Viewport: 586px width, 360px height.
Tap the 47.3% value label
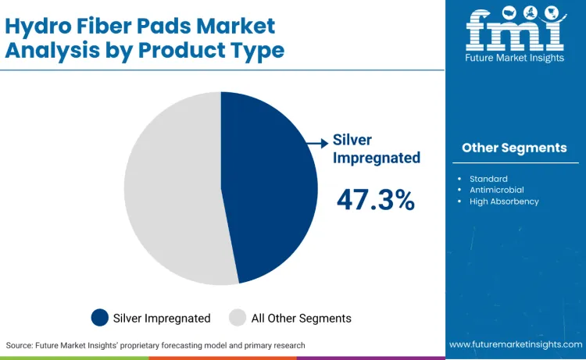[375, 200]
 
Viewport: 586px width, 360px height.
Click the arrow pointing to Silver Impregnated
[316, 143]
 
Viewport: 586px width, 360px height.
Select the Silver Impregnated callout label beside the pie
[376, 148]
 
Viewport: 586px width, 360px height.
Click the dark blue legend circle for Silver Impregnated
[100, 318]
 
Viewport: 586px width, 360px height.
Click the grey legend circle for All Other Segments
[238, 318]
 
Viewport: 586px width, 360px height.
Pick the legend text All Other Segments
[301, 318]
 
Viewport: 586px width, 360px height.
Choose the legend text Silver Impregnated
[162, 318]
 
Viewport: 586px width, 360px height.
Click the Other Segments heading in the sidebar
[514, 148]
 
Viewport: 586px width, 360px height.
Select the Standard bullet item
[488, 179]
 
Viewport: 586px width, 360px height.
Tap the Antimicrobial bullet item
[496, 190]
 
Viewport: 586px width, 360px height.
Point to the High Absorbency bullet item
[504, 201]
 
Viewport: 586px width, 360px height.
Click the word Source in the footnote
[20, 345]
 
